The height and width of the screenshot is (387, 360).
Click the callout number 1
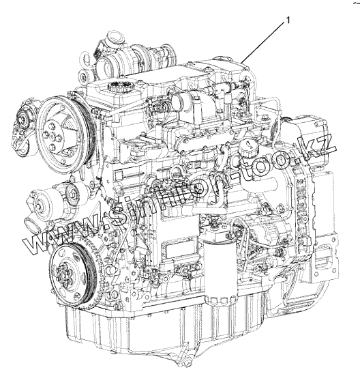click(x=287, y=20)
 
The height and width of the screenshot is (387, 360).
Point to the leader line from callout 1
click(x=262, y=42)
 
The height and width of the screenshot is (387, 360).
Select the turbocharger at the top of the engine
click(x=128, y=57)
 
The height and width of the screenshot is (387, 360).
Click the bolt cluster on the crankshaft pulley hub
click(x=63, y=274)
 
